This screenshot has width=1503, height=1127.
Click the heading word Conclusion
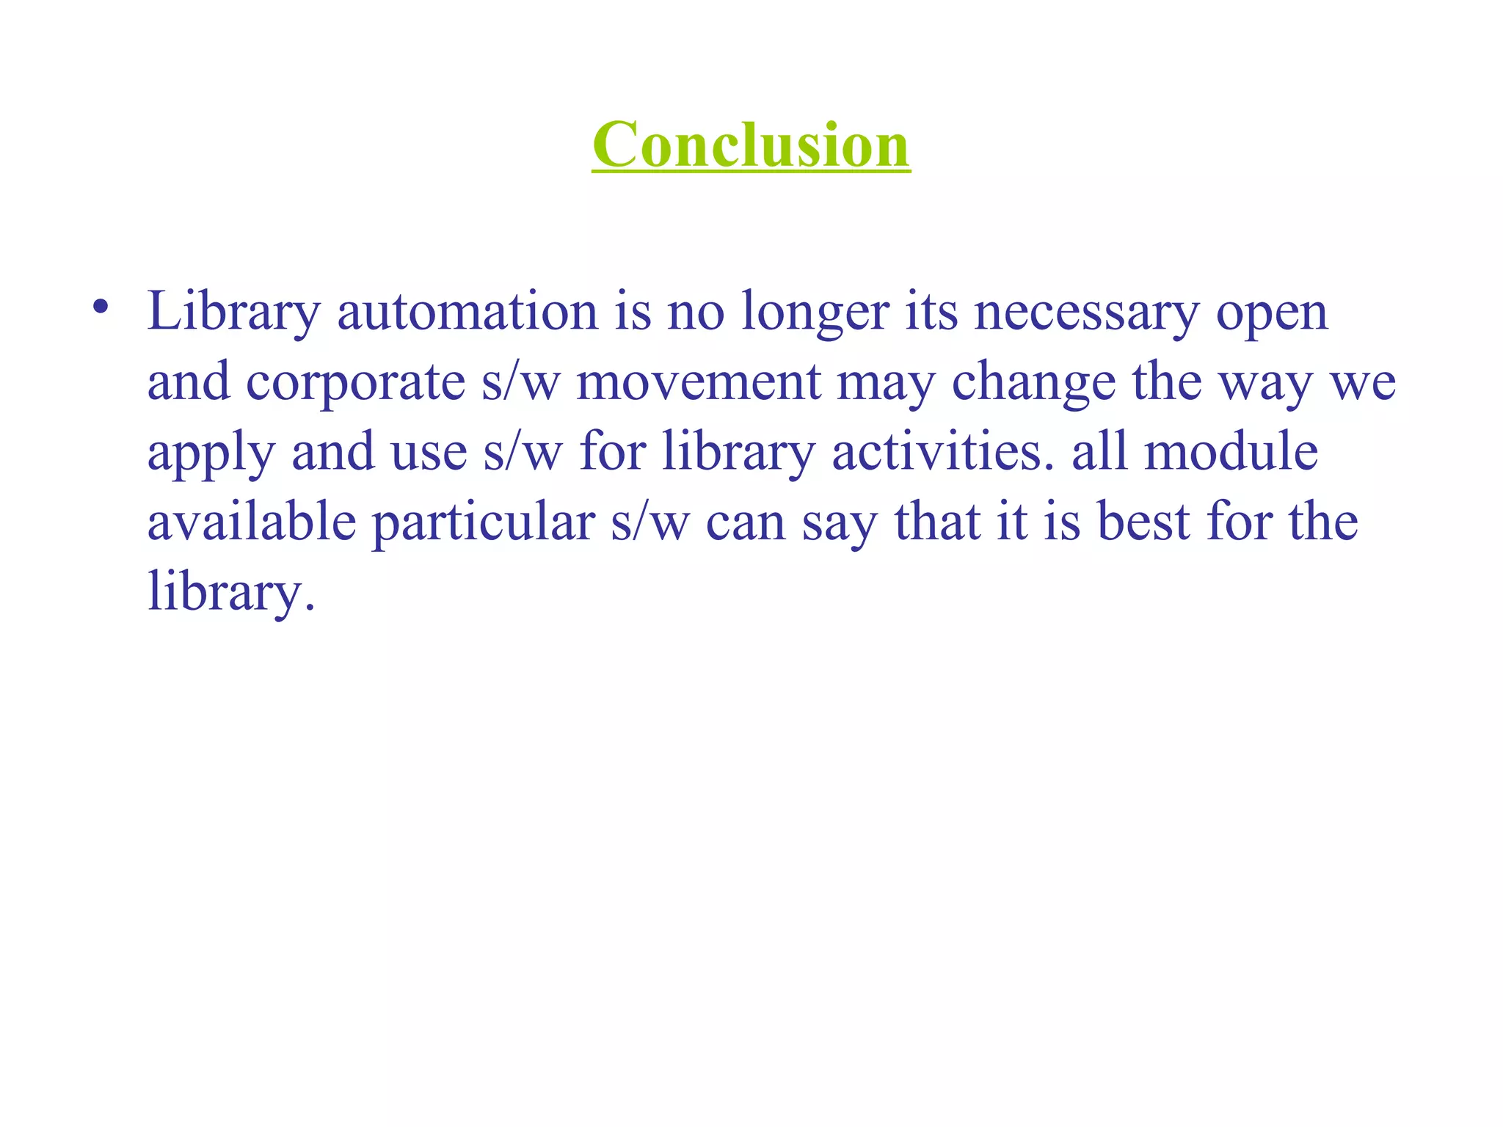[x=751, y=145]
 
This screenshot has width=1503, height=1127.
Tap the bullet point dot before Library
[x=101, y=307]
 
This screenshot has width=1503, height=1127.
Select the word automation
[x=467, y=312]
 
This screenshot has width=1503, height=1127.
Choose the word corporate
[x=355, y=383]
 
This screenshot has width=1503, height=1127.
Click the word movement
[x=698, y=382]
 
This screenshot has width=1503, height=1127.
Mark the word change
[x=1033, y=383]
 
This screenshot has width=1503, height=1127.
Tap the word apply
[x=211, y=453]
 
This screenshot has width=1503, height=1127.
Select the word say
[x=840, y=524]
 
